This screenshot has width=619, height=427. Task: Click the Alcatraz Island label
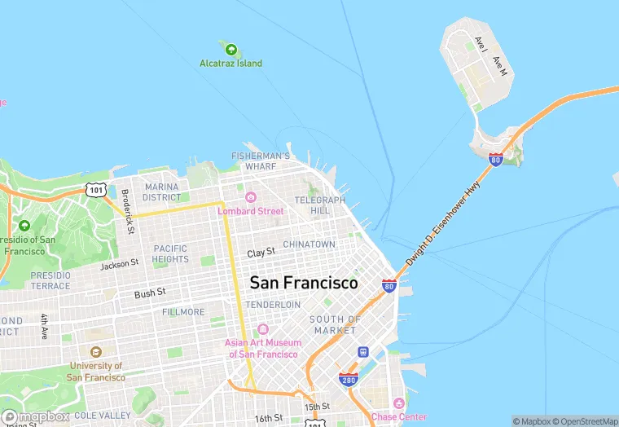point(231,64)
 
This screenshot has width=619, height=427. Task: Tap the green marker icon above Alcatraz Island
point(231,49)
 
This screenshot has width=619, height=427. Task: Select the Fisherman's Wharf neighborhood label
point(261,161)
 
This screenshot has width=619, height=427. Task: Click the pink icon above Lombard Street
point(251,197)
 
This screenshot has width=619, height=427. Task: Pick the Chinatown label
point(309,244)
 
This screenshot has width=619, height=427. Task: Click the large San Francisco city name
point(303,284)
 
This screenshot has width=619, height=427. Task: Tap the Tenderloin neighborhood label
point(269,304)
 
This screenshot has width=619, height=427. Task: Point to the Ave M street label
point(500,67)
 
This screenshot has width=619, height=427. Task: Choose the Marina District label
point(161,192)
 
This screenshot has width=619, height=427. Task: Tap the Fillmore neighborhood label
point(183,312)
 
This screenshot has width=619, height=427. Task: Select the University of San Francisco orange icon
point(96,352)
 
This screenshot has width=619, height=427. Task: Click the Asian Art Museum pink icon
point(262,329)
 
